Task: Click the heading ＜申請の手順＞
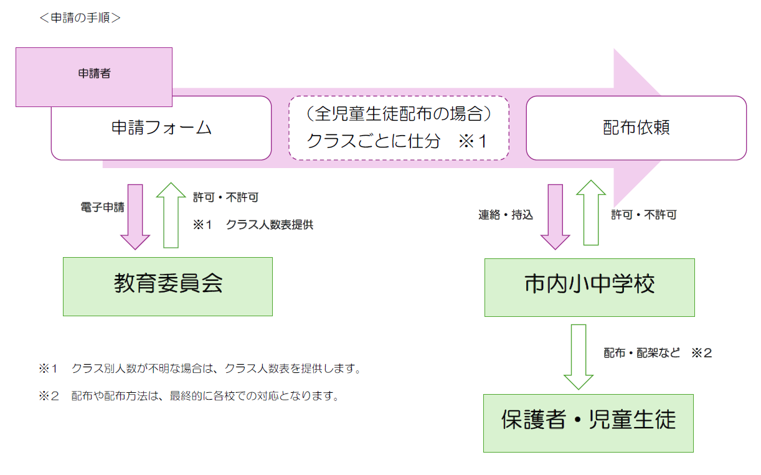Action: pyautogui.click(x=80, y=18)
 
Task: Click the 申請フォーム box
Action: pyautogui.click(x=161, y=128)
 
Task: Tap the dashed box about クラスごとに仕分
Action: pyautogui.click(x=399, y=128)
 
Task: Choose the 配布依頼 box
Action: pyautogui.click(x=636, y=128)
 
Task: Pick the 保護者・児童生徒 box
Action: pyautogui.click(x=588, y=423)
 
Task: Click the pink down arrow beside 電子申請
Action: pyautogui.click(x=135, y=215)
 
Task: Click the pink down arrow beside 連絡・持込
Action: pyautogui.click(x=555, y=215)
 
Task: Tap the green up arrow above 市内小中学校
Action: pyautogui.click(x=591, y=212)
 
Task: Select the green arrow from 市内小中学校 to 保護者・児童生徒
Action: pyautogui.click(x=579, y=356)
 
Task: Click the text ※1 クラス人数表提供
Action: pyautogui.click(x=253, y=225)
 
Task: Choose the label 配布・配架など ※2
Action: pyautogui.click(x=658, y=353)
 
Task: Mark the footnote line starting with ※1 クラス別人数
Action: pyautogui.click(x=200, y=369)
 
